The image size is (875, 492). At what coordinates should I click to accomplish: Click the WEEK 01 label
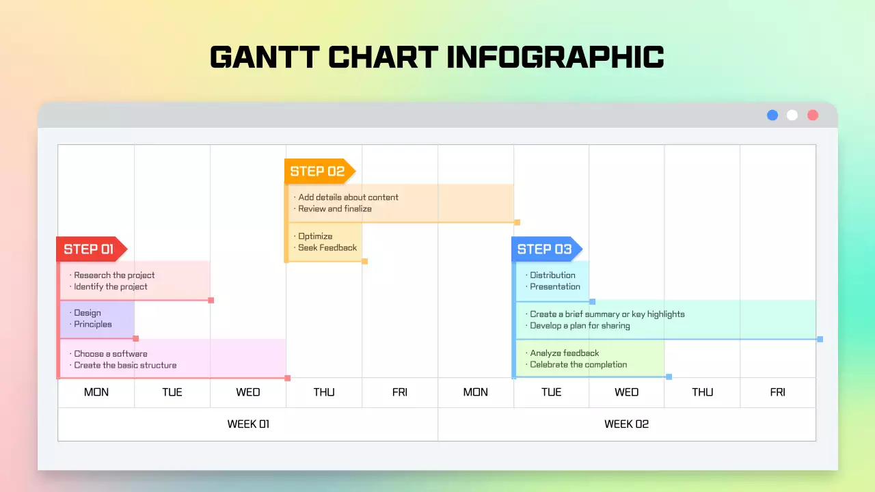[x=248, y=424]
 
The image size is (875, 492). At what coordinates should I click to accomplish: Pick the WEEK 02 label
[x=626, y=424]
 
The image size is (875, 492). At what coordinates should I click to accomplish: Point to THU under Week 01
[x=324, y=392]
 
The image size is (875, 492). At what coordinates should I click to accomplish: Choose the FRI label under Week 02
[x=778, y=392]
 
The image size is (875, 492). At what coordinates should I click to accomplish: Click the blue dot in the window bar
[x=772, y=115]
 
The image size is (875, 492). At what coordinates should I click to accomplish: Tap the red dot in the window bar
[x=813, y=115]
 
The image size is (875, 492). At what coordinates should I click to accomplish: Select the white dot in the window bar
[x=792, y=115]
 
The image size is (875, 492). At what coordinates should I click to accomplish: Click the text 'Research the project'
[x=114, y=275]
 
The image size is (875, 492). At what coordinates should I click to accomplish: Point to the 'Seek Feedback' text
[x=327, y=248]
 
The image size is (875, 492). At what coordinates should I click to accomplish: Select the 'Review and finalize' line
[x=335, y=209]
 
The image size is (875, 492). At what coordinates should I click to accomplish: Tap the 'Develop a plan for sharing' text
[x=580, y=326]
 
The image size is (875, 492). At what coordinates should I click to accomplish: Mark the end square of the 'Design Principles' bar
[x=136, y=339]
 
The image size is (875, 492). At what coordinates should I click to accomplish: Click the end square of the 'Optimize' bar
[x=364, y=261]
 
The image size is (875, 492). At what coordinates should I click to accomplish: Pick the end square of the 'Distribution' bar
[x=593, y=301]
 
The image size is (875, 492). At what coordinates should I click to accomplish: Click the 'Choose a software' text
[x=111, y=354]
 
